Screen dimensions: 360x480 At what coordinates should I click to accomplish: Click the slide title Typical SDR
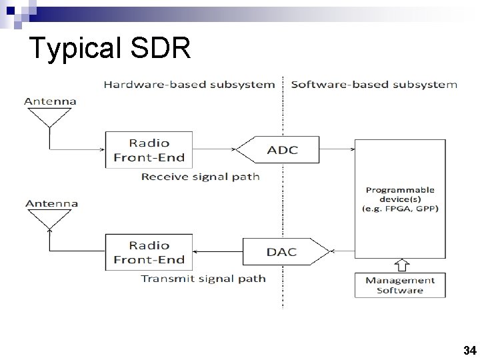(110, 49)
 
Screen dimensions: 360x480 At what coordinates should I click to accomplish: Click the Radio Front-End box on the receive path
(149, 150)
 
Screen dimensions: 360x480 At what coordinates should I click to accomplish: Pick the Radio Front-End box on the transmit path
(149, 251)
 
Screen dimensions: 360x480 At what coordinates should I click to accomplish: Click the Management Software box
(400, 285)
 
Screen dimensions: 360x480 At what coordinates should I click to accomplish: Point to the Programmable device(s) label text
(400, 199)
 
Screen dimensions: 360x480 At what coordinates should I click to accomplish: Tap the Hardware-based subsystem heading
(189, 85)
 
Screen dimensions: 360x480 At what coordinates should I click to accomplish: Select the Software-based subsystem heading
(374, 85)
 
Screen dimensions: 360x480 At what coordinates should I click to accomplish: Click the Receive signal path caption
(200, 177)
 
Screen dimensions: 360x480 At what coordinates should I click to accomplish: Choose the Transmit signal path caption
(203, 279)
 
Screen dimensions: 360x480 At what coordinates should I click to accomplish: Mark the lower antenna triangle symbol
(50, 219)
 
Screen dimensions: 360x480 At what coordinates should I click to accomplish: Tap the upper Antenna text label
(50, 101)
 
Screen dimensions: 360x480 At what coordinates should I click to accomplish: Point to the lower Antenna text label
(50, 203)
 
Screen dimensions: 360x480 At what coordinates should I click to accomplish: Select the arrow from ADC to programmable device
(337, 149)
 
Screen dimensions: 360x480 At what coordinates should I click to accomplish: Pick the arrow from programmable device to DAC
(342, 252)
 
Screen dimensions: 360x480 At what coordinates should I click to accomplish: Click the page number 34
(469, 349)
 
